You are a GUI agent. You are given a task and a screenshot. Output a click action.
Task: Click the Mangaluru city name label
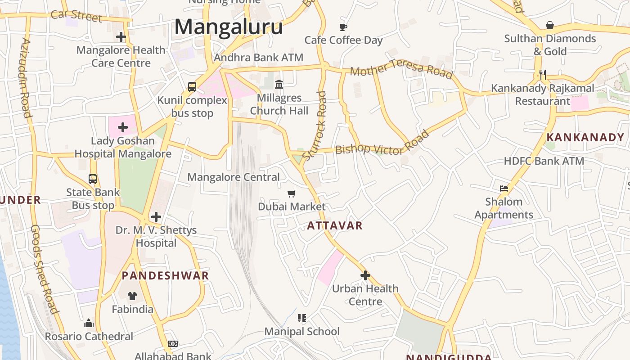point(229,27)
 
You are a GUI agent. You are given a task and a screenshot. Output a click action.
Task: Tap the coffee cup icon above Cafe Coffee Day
point(343,27)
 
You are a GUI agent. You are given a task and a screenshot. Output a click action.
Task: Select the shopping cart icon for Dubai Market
point(292,193)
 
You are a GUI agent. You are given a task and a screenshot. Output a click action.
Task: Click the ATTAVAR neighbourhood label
point(335,225)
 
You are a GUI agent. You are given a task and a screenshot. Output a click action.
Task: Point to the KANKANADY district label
point(585,138)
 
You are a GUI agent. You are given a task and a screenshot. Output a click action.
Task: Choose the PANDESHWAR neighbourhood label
point(165,276)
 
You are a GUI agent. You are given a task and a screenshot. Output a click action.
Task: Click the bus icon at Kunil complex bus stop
point(192,87)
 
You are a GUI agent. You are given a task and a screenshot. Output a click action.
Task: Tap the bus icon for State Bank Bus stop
point(93,179)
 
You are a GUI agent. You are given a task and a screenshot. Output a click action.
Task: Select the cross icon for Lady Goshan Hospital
point(122,127)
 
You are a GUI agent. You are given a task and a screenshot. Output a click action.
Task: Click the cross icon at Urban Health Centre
point(365,275)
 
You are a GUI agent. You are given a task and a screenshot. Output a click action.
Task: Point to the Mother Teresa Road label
point(401,67)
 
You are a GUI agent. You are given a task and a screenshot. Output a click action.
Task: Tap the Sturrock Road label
point(315,126)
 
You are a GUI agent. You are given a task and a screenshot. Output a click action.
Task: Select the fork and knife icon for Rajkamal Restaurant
point(543,75)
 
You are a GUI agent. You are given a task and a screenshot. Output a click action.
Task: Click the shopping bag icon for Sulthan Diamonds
point(549,25)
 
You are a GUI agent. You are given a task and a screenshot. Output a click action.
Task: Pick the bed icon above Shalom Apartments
point(504,188)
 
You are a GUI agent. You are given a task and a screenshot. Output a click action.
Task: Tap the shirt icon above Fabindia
point(132,296)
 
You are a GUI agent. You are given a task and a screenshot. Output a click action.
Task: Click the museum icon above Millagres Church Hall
point(279,84)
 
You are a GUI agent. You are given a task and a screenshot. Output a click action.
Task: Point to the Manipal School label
point(302,332)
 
